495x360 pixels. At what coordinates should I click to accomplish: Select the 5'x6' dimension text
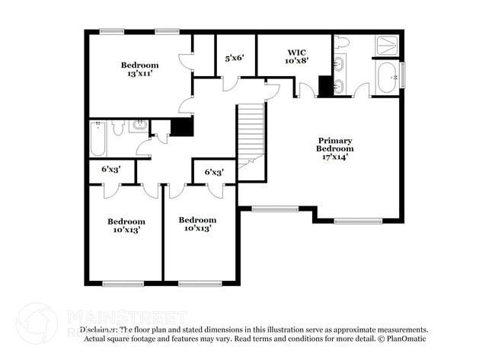(234, 57)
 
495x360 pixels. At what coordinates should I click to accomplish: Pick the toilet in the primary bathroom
(341, 42)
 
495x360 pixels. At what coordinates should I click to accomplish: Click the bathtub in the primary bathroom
(387, 77)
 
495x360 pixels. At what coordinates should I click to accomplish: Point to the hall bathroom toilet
(118, 127)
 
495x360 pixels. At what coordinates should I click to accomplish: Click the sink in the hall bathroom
(139, 125)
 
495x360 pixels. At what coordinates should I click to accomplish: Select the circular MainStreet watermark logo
(37, 323)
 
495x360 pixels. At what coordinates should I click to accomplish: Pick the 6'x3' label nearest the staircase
(214, 172)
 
